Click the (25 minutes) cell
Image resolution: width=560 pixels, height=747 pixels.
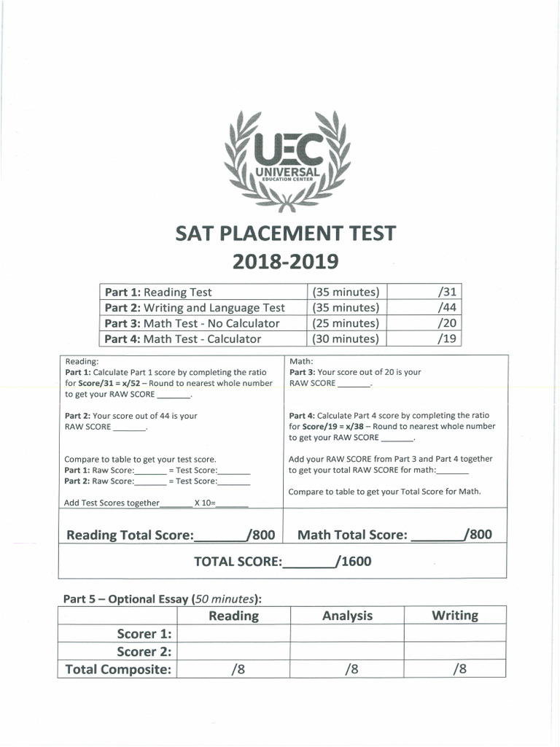(x=346, y=323)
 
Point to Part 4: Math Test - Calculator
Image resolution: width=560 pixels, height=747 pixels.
(x=182, y=338)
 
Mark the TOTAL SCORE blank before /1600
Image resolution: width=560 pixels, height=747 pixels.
(x=308, y=562)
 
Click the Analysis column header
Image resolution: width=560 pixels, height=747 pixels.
(x=347, y=616)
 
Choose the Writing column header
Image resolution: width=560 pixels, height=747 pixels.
(x=455, y=616)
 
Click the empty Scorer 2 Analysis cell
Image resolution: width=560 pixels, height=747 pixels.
(x=347, y=651)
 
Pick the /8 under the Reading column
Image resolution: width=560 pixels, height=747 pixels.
(x=233, y=670)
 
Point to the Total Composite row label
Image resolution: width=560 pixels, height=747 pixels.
(x=118, y=670)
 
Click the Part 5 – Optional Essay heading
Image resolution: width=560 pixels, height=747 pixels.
(x=162, y=599)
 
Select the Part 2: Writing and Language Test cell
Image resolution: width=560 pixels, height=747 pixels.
(x=195, y=308)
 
